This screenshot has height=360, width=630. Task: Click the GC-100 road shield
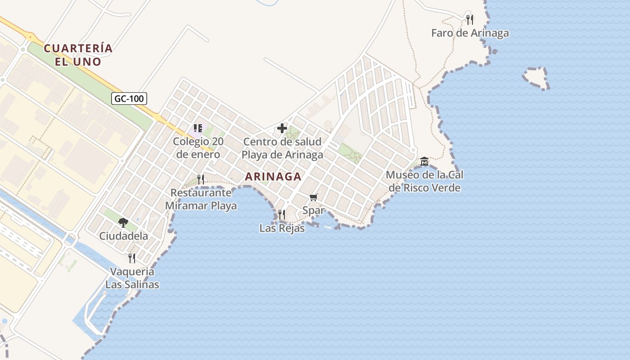click(129, 99)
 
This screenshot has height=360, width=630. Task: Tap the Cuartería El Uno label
click(78, 54)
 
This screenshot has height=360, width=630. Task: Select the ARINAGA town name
click(273, 177)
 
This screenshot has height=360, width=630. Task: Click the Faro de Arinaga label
click(470, 33)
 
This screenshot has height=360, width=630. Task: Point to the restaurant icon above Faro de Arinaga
click(470, 19)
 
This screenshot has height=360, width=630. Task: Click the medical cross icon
click(282, 129)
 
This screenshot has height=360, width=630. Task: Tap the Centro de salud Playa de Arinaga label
click(283, 148)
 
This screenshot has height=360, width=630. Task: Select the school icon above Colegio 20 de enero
click(198, 129)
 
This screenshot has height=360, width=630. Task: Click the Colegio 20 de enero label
click(198, 148)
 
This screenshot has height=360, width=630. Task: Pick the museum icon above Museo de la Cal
click(424, 162)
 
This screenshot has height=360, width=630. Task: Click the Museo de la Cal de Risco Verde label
click(425, 181)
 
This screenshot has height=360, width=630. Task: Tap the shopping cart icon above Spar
click(314, 197)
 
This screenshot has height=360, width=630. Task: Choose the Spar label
click(314, 210)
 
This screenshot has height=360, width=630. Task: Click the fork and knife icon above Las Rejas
click(282, 215)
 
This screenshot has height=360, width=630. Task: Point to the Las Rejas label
click(282, 228)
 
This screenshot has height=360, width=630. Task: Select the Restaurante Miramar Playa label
click(201, 199)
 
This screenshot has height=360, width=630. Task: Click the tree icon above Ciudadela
click(123, 222)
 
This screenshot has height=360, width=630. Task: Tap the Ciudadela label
click(123, 236)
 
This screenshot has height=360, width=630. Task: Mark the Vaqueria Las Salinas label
click(132, 278)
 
